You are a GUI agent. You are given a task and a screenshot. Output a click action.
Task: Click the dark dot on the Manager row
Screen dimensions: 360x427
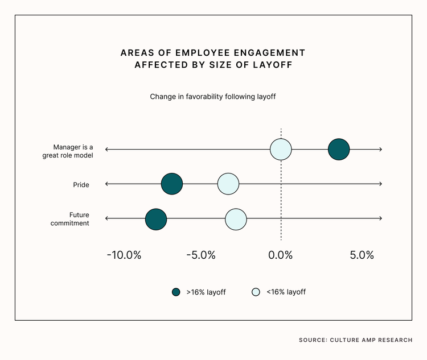click(x=339, y=150)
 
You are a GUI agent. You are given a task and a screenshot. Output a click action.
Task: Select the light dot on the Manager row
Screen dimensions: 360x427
click(x=281, y=150)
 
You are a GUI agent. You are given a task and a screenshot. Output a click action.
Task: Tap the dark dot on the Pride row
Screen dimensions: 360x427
click(x=171, y=184)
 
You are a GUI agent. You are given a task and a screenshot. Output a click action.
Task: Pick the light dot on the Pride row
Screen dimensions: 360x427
click(x=228, y=184)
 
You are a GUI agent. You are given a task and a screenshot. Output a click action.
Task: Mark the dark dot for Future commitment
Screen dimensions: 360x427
click(x=155, y=219)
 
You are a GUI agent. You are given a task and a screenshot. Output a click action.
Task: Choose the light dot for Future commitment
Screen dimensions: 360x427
click(x=236, y=219)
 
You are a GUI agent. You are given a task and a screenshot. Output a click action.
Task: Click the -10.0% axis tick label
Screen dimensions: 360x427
click(x=124, y=255)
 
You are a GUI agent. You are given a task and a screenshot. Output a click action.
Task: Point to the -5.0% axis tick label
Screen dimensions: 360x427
click(x=200, y=255)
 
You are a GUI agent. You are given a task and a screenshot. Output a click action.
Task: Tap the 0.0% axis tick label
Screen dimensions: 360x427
click(x=280, y=255)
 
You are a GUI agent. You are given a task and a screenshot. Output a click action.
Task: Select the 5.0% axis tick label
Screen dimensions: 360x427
click(x=362, y=255)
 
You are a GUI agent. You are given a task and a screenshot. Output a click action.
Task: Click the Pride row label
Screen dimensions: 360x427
click(x=81, y=184)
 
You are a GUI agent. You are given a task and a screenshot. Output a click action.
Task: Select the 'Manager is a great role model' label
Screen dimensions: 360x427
click(x=67, y=151)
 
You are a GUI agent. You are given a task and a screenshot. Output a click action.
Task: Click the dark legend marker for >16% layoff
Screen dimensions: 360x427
click(x=176, y=292)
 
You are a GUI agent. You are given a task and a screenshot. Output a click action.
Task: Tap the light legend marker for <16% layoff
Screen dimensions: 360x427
click(x=256, y=292)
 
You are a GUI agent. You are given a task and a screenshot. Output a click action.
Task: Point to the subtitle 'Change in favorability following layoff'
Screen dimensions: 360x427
click(x=213, y=97)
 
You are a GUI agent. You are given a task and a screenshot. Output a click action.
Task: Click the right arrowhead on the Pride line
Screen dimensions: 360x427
click(x=380, y=184)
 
